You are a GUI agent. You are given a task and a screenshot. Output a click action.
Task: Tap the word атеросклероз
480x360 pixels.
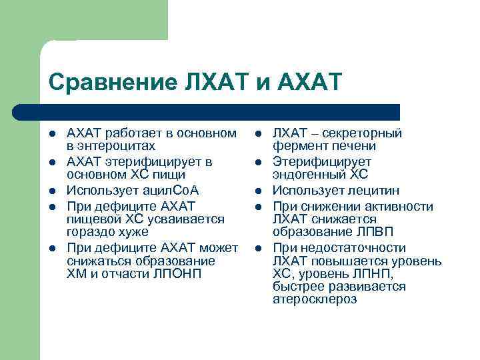[x=315, y=299]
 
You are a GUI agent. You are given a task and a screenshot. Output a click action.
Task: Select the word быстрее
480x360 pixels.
[x=297, y=287]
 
